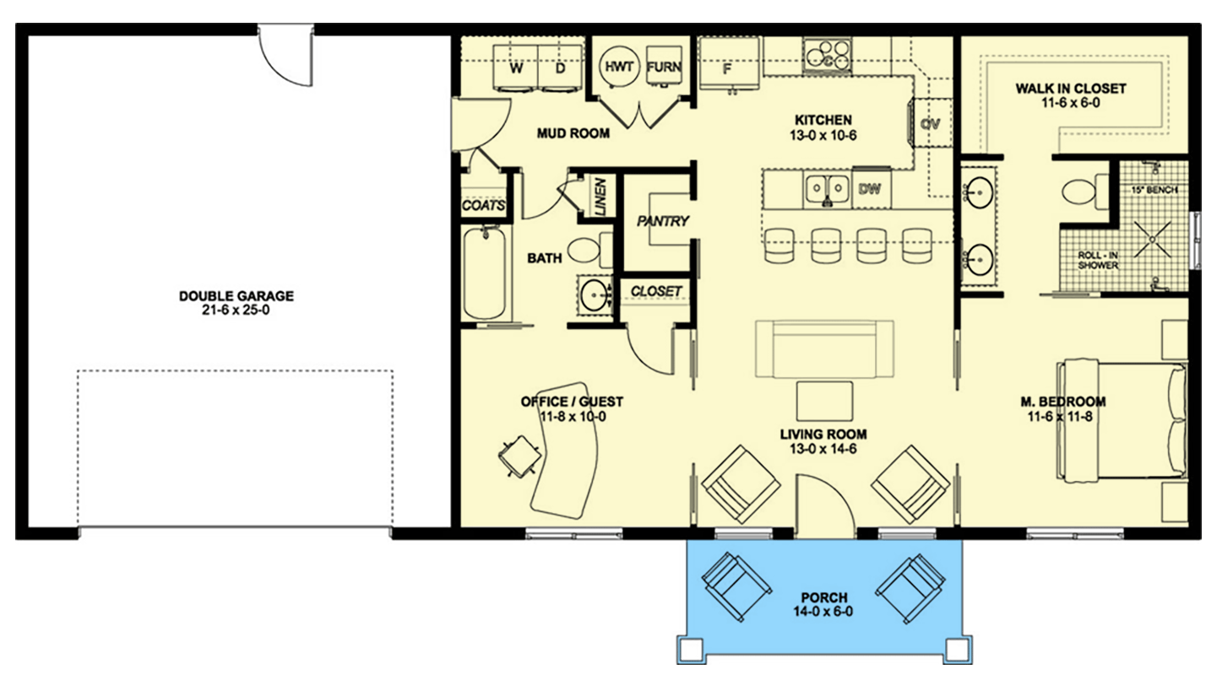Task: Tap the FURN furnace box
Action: (664, 66)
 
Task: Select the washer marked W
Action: (515, 67)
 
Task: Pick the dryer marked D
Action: (560, 67)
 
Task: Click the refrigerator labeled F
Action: (729, 63)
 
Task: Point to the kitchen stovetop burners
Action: (828, 55)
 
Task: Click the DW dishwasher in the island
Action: (871, 188)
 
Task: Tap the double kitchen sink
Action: (828, 188)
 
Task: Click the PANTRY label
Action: (663, 221)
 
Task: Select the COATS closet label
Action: (484, 205)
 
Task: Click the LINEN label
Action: (600, 197)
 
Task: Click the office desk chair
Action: (520, 456)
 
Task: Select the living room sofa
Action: (824, 349)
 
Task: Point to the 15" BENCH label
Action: (1155, 190)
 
